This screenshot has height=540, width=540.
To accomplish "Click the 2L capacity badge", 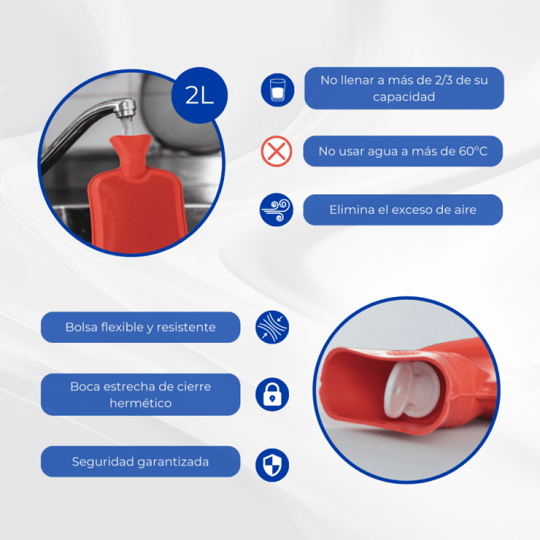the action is tap(199, 95).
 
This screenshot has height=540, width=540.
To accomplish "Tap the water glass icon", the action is tap(277, 90).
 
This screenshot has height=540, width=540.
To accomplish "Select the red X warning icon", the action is tap(277, 151).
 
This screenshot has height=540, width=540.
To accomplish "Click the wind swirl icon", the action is tap(277, 210).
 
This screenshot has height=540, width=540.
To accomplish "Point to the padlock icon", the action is tap(272, 394).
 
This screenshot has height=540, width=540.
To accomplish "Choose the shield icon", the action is tap(272, 465).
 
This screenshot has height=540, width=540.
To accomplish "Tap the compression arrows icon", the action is tap(272, 327).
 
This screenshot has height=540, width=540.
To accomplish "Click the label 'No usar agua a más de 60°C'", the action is tap(403, 151).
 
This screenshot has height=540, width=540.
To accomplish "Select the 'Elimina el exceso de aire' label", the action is tap(403, 210).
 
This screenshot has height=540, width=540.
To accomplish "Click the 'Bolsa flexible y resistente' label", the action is tap(140, 327).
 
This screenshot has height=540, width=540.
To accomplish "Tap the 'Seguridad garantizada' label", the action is tap(140, 462).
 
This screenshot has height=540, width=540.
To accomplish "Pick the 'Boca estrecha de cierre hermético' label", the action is tap(140, 394).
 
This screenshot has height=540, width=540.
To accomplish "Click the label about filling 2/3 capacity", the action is tap(404, 88).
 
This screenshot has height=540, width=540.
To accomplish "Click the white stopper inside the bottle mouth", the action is tap(412, 389).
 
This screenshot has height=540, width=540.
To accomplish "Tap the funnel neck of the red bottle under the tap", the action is tap(131, 155).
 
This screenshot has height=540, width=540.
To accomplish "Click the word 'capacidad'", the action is tap(404, 97).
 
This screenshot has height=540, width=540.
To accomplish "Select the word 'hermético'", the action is tap(140, 403).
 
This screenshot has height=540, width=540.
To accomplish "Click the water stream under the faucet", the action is tap(128, 127).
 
